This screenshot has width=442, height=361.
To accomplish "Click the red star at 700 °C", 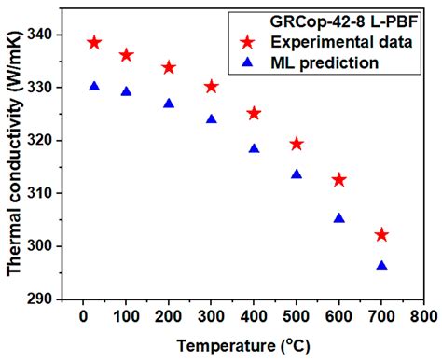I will (x=380, y=235).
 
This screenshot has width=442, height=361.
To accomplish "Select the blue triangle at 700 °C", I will (x=381, y=266).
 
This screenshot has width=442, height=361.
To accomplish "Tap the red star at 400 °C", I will (x=254, y=114).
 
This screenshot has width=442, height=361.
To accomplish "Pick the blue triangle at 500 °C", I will (x=297, y=174).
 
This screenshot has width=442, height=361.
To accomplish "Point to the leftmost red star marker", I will (x=94, y=43).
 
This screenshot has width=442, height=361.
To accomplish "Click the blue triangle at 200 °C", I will (x=169, y=104).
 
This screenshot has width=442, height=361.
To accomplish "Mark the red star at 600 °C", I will (x=338, y=180).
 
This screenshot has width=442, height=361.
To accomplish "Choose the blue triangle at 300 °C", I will (x=212, y=119).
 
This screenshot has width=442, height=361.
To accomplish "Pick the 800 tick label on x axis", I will (x=423, y=318).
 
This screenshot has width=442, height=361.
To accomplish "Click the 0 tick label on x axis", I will (x=84, y=318).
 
